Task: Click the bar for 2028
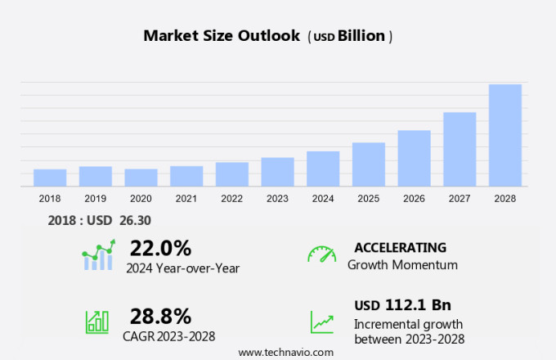(x=505, y=135)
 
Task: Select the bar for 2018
(x=50, y=178)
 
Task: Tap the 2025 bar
(x=369, y=164)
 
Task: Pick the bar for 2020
(x=141, y=178)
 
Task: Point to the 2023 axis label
(x=277, y=198)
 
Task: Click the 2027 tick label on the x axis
(x=460, y=198)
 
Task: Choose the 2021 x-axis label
(x=186, y=198)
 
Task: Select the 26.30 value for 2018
(x=135, y=220)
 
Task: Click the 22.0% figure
(x=160, y=248)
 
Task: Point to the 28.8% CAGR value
(x=160, y=316)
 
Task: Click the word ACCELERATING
(x=400, y=247)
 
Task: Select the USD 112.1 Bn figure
(x=402, y=305)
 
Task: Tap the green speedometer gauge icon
(x=321, y=254)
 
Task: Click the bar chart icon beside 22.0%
(x=99, y=255)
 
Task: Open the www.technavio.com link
(x=285, y=352)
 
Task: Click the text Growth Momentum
(x=402, y=265)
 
